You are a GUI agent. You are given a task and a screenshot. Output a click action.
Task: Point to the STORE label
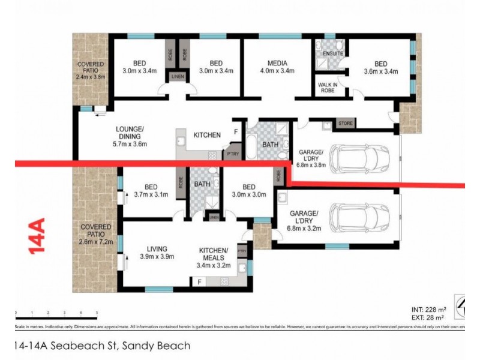click(x=346, y=124)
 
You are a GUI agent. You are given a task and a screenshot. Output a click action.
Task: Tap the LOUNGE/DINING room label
click(x=130, y=136)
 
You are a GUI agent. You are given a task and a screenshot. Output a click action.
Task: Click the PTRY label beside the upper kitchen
click(x=230, y=154)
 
